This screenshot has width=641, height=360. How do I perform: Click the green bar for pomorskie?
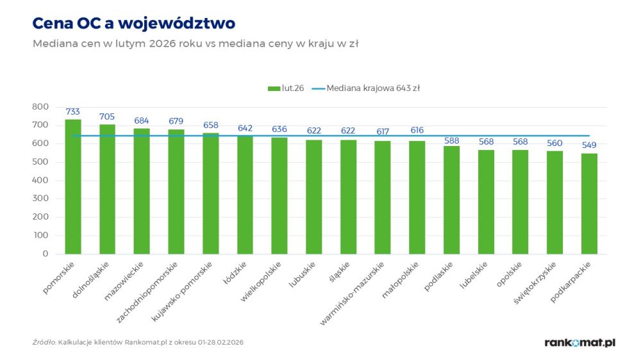point(73,186)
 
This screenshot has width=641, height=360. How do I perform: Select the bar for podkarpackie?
point(589,204)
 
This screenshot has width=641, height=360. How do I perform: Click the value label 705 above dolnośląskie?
point(107,117)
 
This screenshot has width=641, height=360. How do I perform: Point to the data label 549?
point(589,145)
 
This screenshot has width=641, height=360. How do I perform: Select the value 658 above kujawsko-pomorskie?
point(211,125)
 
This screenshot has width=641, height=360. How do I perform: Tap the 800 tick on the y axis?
point(40,106)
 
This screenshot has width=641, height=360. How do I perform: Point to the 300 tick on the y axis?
point(40,199)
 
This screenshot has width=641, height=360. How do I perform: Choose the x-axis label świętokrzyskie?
point(537,282)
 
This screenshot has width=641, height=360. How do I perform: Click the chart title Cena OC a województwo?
point(133,23)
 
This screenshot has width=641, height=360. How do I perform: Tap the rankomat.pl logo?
point(579,343)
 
